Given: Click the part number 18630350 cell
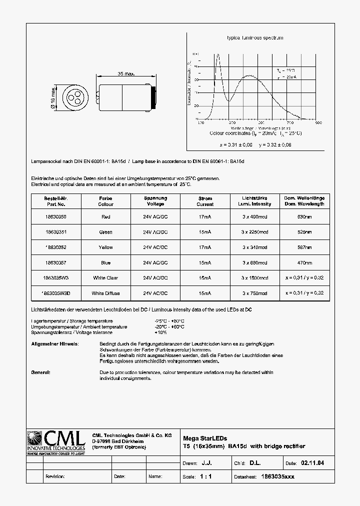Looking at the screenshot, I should click(x=55, y=217).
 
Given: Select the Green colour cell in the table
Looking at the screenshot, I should click(x=105, y=232).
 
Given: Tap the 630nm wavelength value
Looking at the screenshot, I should click(x=304, y=217).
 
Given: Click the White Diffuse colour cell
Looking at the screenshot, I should click(x=105, y=293).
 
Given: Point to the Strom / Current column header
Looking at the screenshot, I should click(x=205, y=201).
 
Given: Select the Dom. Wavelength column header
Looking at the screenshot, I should click(x=304, y=201).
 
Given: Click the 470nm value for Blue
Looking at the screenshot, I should click(x=304, y=262).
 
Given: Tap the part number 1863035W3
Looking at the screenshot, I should click(x=55, y=278).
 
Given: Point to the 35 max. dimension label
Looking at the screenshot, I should click(x=126, y=74).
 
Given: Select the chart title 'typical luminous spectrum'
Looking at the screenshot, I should click(x=255, y=38).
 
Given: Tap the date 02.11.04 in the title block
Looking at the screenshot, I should click(x=313, y=463).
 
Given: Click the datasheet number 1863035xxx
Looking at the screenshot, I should click(x=278, y=476).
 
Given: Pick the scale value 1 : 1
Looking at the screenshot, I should click(x=205, y=476).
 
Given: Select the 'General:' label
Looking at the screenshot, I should click(x=40, y=372).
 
